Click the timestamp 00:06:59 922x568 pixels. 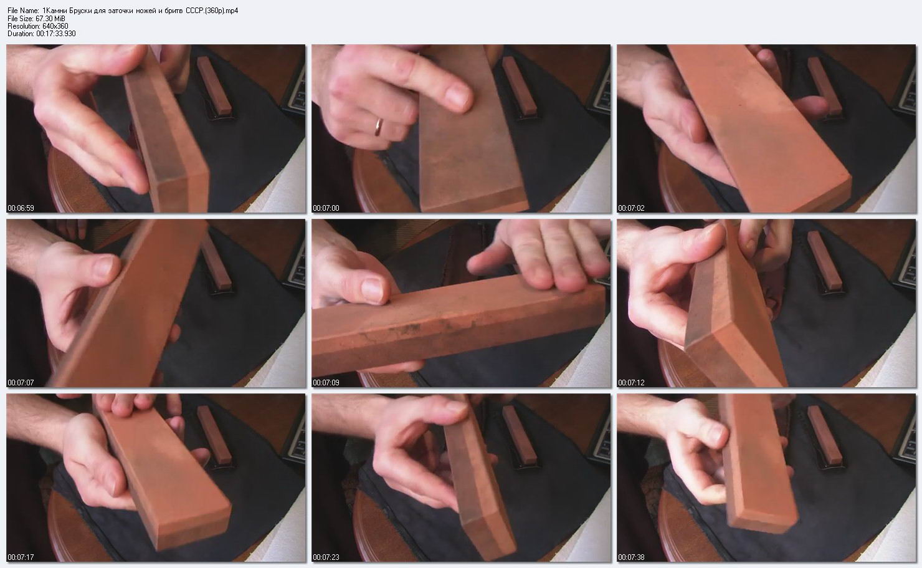pyautogui.click(x=21, y=208)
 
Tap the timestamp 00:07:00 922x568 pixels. pyautogui.click(x=326, y=208)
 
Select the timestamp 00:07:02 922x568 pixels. pyautogui.click(x=631, y=208)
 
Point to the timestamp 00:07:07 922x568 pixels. pyautogui.click(x=21, y=383)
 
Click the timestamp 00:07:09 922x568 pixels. pyautogui.click(x=326, y=383)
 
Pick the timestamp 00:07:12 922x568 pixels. pyautogui.click(x=631, y=383)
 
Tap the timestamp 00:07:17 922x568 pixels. pyautogui.click(x=21, y=557)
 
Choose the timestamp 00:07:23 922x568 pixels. pyautogui.click(x=326, y=557)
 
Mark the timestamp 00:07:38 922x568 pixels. pyautogui.click(x=631, y=557)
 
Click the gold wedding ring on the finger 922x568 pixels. pyautogui.click(x=378, y=127)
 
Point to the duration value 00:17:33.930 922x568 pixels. pyautogui.click(x=56, y=34)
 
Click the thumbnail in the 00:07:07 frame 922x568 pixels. pyautogui.click(x=105, y=266)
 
